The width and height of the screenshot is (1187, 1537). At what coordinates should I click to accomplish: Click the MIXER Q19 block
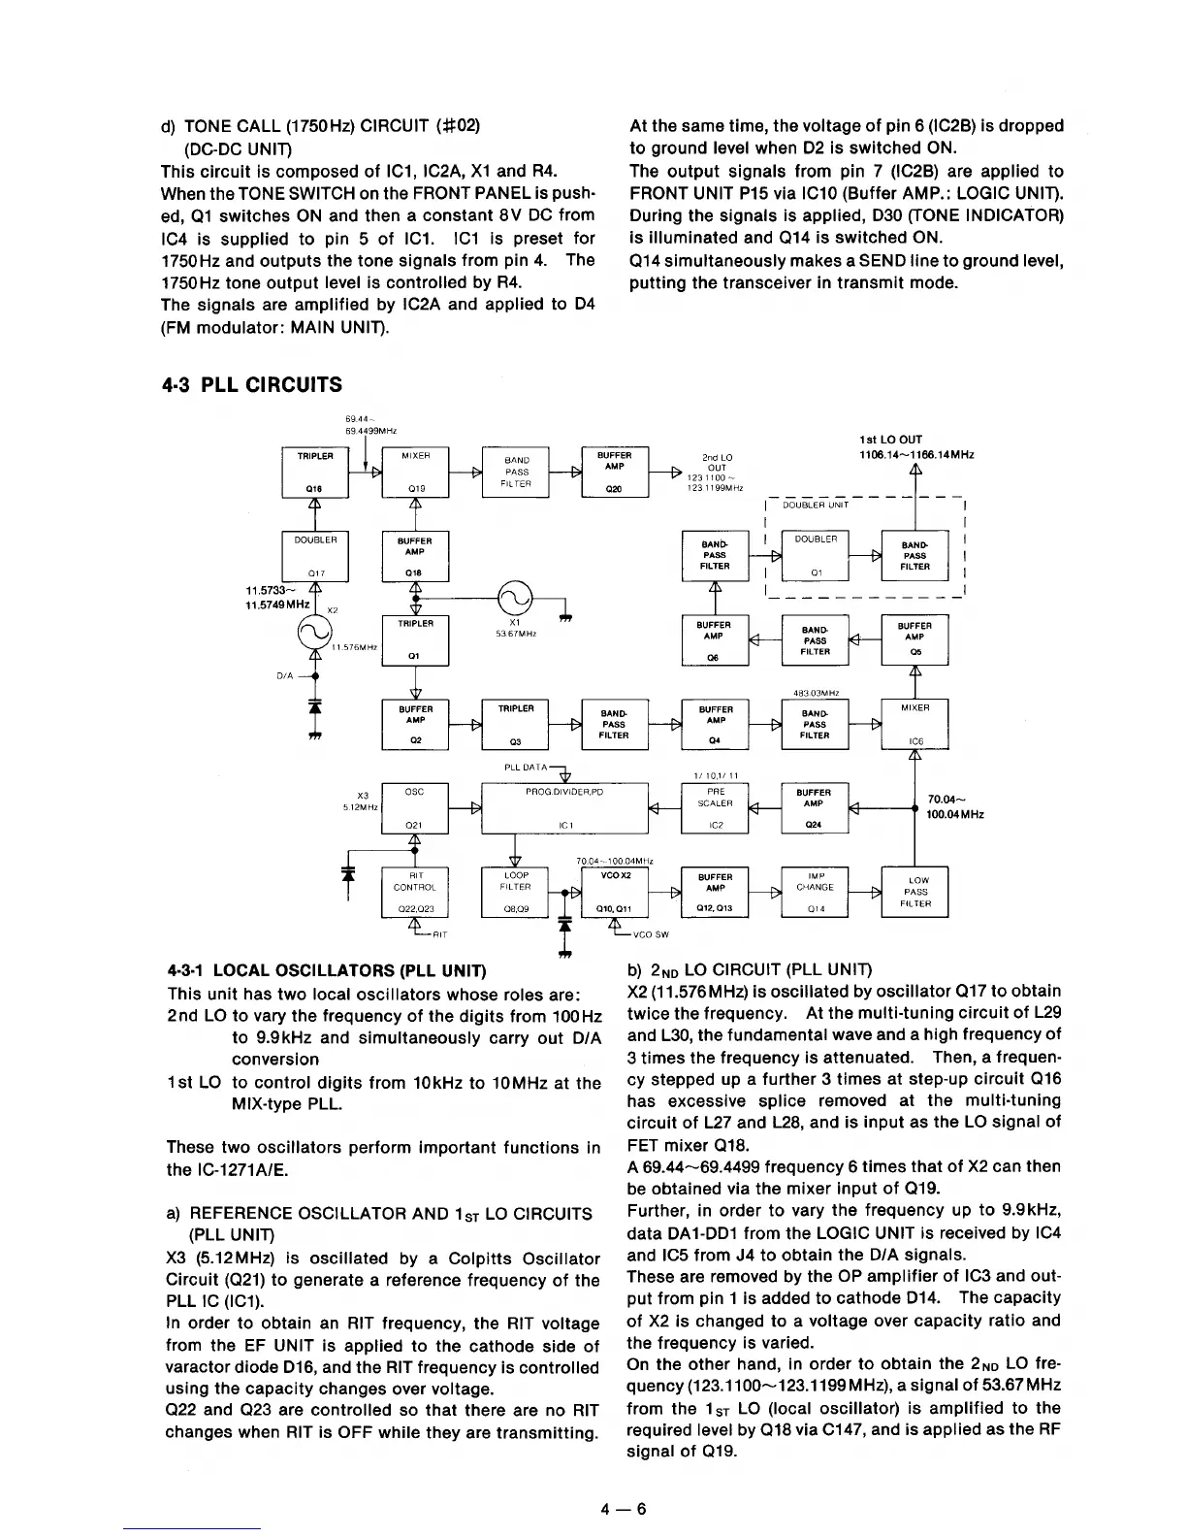point(416,472)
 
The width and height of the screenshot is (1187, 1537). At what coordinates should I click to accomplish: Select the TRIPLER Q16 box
point(315,472)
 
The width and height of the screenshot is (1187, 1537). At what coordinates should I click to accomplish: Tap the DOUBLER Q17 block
point(315,555)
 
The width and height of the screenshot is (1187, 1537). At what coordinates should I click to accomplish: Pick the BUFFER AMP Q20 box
point(614,472)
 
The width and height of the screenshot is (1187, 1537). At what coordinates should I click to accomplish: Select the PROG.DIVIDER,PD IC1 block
point(563,807)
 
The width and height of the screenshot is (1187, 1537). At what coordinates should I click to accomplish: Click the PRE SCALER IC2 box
point(716,807)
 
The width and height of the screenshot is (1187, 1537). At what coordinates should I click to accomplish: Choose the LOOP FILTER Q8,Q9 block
point(515,892)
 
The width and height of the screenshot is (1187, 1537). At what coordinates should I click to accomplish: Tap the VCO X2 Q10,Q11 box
point(614,892)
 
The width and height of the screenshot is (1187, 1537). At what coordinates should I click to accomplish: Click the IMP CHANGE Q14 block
point(815,892)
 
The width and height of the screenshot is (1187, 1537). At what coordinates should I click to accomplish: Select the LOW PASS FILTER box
point(915,892)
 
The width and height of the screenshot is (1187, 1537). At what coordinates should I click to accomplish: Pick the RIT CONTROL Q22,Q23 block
point(416,892)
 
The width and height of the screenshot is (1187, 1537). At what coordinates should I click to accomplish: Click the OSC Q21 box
point(416,807)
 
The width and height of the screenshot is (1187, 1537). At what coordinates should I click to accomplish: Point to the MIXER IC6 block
point(915,724)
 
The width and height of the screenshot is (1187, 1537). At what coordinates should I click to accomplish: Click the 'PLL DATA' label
point(527,767)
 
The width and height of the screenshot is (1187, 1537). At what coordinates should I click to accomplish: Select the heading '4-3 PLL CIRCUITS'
point(251,385)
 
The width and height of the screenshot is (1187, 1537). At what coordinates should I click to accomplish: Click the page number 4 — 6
point(623,1508)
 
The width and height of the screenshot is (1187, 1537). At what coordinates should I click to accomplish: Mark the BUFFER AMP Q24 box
point(815,807)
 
